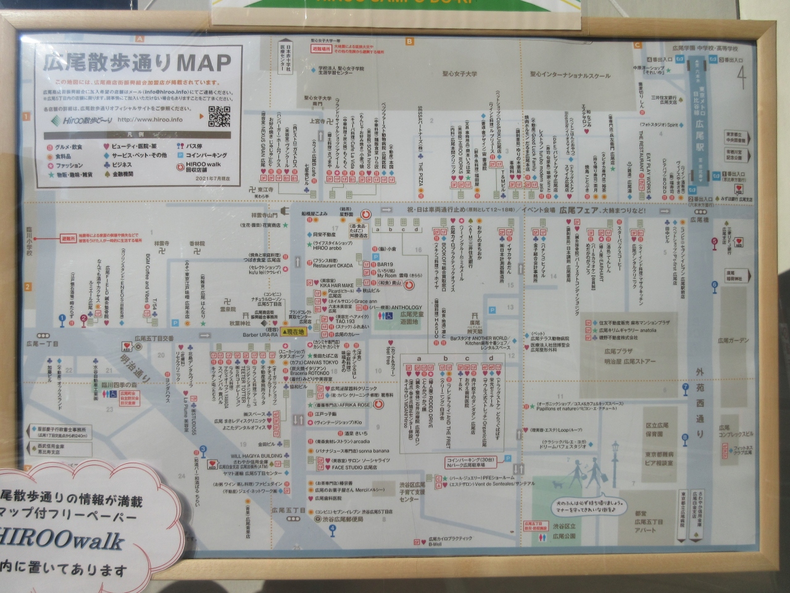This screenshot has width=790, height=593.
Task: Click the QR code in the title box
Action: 218,116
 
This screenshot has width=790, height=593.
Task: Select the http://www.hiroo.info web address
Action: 150,120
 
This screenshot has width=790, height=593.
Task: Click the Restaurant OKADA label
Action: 333,266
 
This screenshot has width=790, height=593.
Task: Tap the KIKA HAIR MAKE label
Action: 333,285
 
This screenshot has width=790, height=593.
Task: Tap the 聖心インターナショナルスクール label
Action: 570,75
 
